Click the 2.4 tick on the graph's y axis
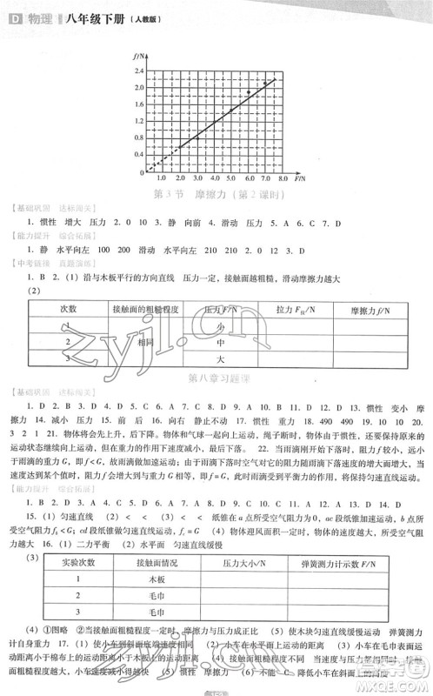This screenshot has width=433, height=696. pyautogui.click(x=138, y=71)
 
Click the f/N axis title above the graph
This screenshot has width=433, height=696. pyautogui.click(x=138, y=55)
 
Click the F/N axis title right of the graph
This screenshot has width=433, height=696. pyautogui.click(x=301, y=176)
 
